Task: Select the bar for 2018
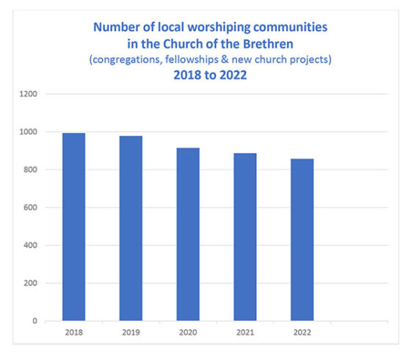click(73, 227)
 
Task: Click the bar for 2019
click(131, 228)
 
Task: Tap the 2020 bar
click(188, 234)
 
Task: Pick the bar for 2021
click(245, 237)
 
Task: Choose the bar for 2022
click(302, 240)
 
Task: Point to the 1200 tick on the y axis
click(28, 94)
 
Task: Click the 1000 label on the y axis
click(28, 132)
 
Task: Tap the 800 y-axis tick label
click(30, 170)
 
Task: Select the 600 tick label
click(30, 207)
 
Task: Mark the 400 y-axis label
click(30, 245)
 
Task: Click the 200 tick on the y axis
click(30, 283)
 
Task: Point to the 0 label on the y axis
click(34, 320)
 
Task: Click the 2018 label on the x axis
click(73, 332)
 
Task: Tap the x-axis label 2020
click(188, 332)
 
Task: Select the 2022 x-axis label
click(302, 332)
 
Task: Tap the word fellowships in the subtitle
click(192, 60)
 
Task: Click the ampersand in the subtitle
click(225, 60)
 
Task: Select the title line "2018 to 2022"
click(210, 75)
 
